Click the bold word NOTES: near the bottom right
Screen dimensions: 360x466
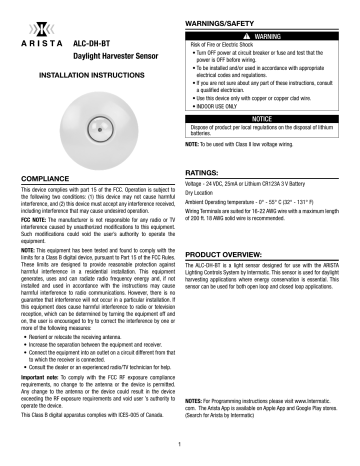[x=198, y=371]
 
